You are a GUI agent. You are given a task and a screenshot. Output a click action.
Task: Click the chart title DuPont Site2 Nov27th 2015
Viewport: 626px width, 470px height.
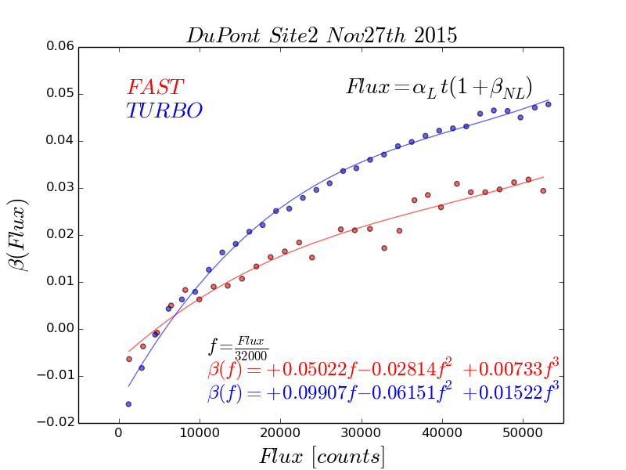pyautogui.click(x=322, y=35)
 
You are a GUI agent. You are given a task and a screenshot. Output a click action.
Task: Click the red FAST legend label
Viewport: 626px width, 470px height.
pyautogui.click(x=155, y=87)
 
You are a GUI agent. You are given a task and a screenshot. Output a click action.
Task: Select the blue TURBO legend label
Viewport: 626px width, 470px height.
pyautogui.click(x=164, y=110)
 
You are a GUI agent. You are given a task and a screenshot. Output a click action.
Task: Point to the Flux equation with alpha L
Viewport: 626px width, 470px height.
pyautogui.click(x=439, y=87)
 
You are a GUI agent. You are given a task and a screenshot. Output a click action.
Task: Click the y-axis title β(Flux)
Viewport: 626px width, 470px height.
pyautogui.click(x=19, y=234)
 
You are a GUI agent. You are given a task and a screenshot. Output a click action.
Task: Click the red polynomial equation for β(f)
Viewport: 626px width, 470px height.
pyautogui.click(x=383, y=369)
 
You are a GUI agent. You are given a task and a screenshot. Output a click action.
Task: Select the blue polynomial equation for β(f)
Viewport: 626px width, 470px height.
pyautogui.click(x=383, y=392)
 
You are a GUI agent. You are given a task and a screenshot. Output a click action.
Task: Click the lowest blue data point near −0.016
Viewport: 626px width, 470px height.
pyautogui.click(x=128, y=404)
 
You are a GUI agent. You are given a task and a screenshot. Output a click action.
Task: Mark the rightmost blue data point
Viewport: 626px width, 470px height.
pyautogui.click(x=548, y=104)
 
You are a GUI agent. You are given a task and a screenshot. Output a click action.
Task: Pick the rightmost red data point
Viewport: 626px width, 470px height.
pyautogui.click(x=543, y=190)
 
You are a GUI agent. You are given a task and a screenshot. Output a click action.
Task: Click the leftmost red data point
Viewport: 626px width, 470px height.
pyautogui.click(x=129, y=359)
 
